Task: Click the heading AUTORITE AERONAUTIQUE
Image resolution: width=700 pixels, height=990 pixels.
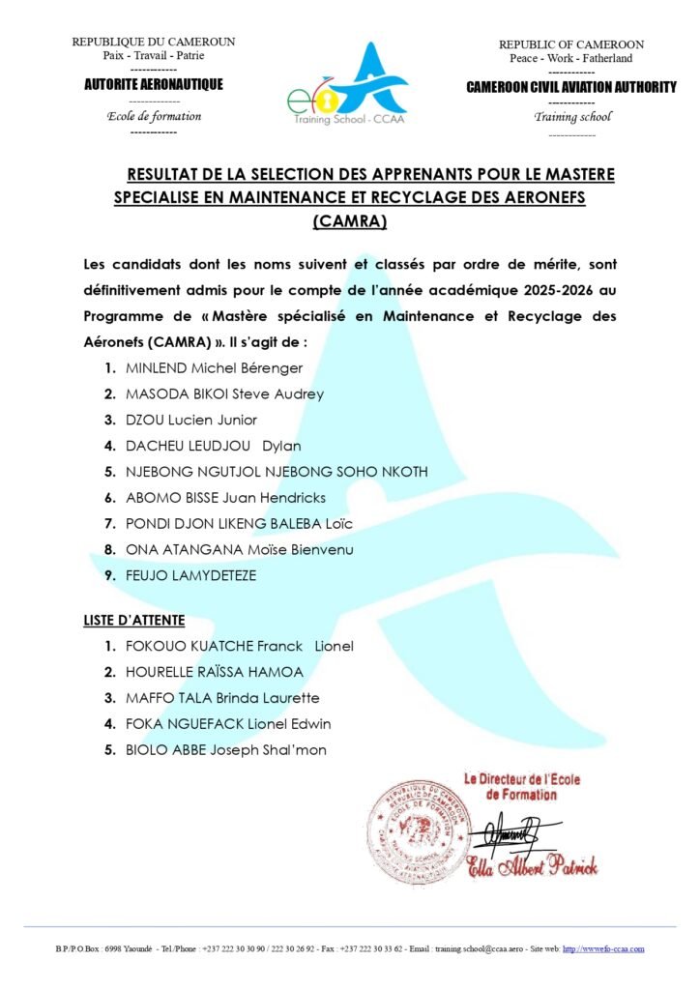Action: (x=154, y=85)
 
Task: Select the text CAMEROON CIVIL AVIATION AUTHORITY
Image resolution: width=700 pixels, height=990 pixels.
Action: (x=570, y=87)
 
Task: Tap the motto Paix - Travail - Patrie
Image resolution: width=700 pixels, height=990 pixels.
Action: (x=154, y=56)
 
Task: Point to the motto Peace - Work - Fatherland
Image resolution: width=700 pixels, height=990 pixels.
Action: (x=570, y=59)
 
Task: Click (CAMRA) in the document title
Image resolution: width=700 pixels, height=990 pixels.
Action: (x=350, y=221)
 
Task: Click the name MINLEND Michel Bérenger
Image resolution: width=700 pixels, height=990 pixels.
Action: (x=214, y=368)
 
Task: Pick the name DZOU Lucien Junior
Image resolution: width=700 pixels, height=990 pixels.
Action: (x=190, y=420)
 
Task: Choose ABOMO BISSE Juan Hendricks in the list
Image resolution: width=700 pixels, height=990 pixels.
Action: (x=225, y=498)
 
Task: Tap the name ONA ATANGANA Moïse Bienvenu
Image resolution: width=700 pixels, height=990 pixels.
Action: (x=240, y=550)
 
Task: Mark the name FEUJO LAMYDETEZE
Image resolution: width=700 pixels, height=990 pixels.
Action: (x=190, y=575)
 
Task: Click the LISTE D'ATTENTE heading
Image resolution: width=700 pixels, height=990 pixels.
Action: (x=134, y=621)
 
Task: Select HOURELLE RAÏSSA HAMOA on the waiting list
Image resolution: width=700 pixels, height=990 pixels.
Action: (x=214, y=672)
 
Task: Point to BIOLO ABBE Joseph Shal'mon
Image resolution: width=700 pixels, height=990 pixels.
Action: (x=225, y=749)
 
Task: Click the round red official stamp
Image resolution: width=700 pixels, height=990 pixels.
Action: (x=418, y=826)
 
